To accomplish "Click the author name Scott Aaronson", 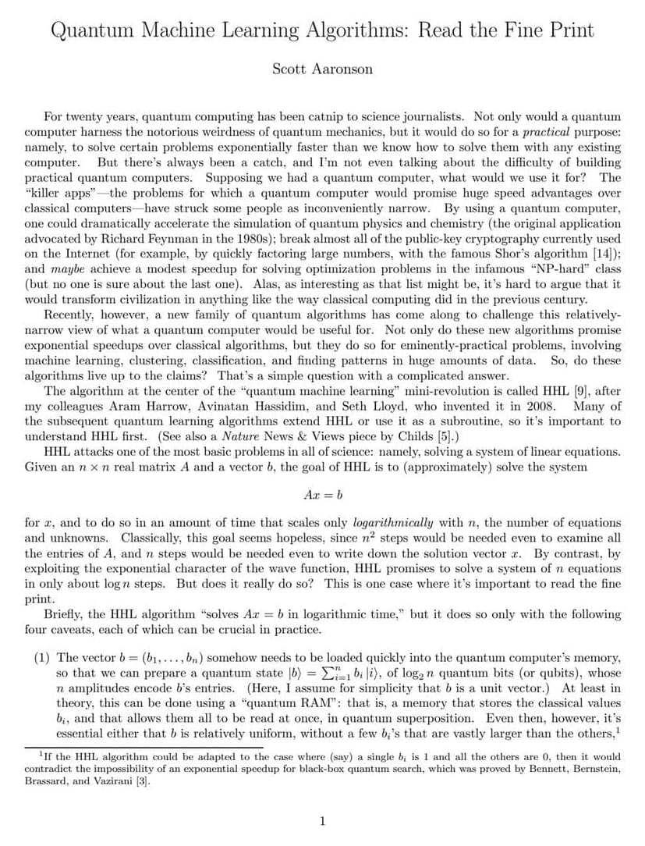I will coord(322,69).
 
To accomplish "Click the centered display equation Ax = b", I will coord(322,495).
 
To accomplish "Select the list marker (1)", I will coord(41,657).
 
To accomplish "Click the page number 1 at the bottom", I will coord(322,820).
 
